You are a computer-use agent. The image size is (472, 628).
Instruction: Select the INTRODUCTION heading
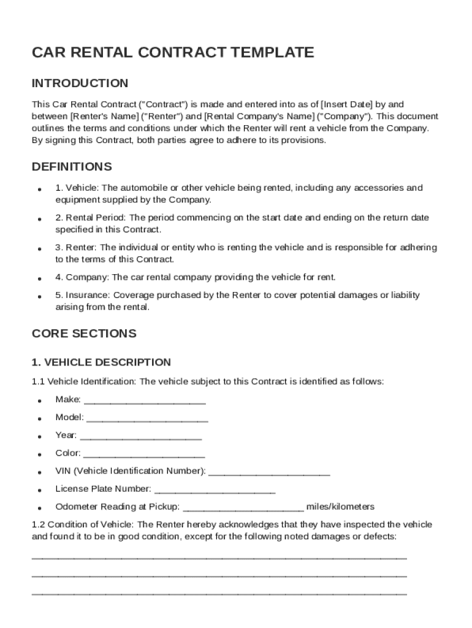coord(80,83)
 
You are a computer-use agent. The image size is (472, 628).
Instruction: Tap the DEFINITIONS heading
coord(72,167)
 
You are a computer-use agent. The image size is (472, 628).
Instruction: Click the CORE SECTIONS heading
coord(84,334)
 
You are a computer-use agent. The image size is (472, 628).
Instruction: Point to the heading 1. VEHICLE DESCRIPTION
coord(101,362)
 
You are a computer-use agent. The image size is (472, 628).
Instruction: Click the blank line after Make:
coord(144,401)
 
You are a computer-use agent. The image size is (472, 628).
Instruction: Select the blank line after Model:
coord(147,419)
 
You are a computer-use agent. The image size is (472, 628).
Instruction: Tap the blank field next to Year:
coord(140,437)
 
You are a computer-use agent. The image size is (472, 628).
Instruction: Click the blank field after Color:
coord(143,454)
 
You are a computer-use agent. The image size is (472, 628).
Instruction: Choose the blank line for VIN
coord(269,472)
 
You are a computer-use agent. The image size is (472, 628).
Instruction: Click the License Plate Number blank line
coord(215,490)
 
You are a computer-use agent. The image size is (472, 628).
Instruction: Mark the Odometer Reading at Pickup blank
coord(243,508)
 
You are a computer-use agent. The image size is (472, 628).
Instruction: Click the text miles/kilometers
coord(340,507)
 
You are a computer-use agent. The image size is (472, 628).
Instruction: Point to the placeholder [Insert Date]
coord(347,104)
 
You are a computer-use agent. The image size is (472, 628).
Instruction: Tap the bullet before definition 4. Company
coord(39,278)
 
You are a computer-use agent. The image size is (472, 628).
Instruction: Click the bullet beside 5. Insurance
coord(39,296)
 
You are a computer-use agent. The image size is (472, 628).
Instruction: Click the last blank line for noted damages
coord(219,593)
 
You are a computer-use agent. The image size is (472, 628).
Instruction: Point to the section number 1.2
coord(38,525)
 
